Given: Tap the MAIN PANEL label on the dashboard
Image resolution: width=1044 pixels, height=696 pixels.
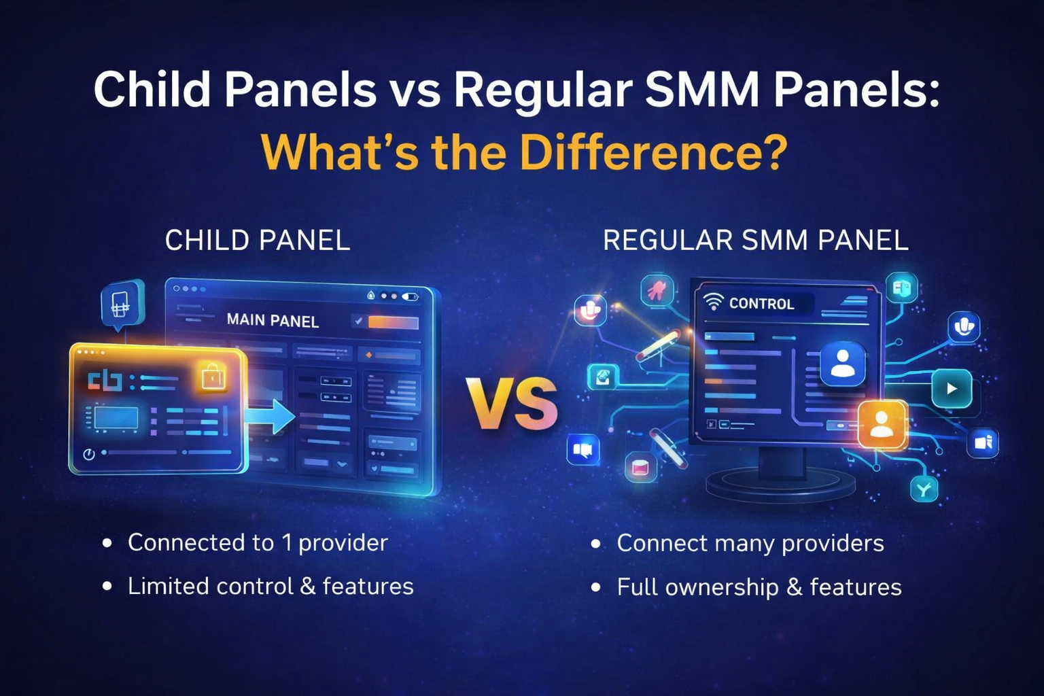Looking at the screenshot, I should click(x=273, y=320).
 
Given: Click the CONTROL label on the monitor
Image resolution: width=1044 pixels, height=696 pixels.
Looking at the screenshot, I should click(x=761, y=304).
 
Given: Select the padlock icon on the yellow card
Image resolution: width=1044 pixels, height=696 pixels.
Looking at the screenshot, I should click(x=213, y=376).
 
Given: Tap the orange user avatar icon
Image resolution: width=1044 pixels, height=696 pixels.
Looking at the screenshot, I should click(x=882, y=424).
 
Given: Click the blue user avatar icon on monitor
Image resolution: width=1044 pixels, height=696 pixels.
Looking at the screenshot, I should click(x=843, y=363).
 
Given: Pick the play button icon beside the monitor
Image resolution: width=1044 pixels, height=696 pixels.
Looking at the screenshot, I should click(x=952, y=389).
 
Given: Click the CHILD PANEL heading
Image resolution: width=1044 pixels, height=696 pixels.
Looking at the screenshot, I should click(x=258, y=241).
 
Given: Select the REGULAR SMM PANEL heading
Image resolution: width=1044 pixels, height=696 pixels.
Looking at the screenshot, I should click(x=755, y=241).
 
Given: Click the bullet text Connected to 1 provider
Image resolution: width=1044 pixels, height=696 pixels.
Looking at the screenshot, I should click(x=258, y=542).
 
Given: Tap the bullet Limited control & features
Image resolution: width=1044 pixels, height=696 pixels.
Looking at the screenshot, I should click(x=271, y=586).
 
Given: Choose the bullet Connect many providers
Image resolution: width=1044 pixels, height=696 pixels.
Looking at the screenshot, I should click(x=750, y=543).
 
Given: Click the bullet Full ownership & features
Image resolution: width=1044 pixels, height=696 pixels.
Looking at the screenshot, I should click(x=759, y=587).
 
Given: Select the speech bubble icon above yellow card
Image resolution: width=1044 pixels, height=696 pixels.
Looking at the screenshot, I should click(x=122, y=304).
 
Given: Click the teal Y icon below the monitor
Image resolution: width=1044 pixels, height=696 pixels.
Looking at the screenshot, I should click(x=924, y=488).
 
